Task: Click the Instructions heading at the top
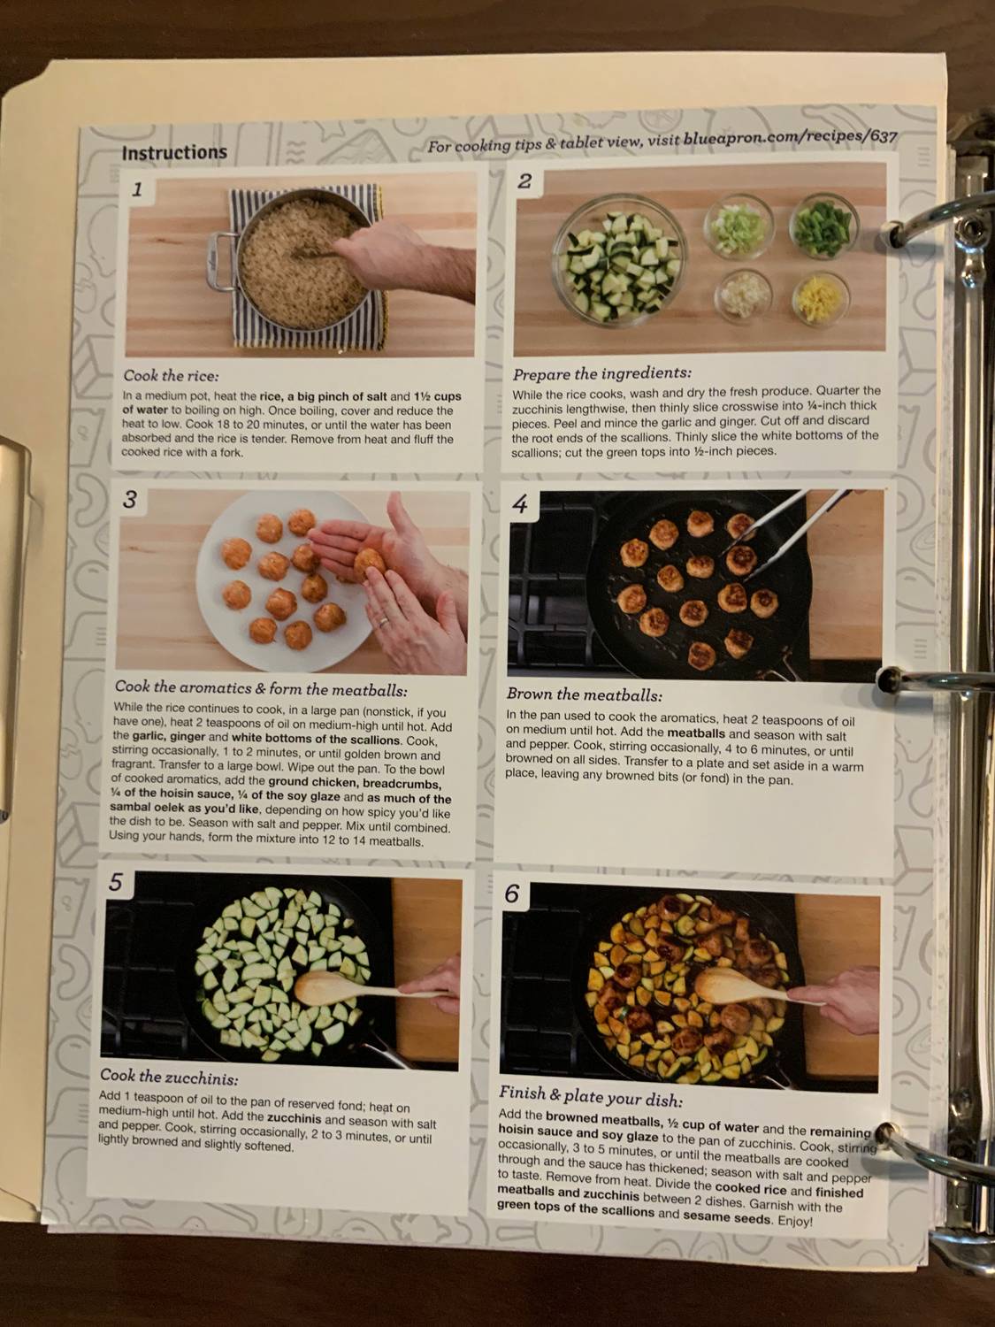click(x=174, y=153)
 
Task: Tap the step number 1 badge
click(x=137, y=188)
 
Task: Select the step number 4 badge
click(x=520, y=504)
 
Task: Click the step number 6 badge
click(x=512, y=894)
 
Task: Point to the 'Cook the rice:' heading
click(x=171, y=375)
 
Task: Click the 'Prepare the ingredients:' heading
click(x=601, y=373)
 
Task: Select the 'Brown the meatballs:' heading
click(x=584, y=695)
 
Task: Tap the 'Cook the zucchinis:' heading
click(x=169, y=1078)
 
